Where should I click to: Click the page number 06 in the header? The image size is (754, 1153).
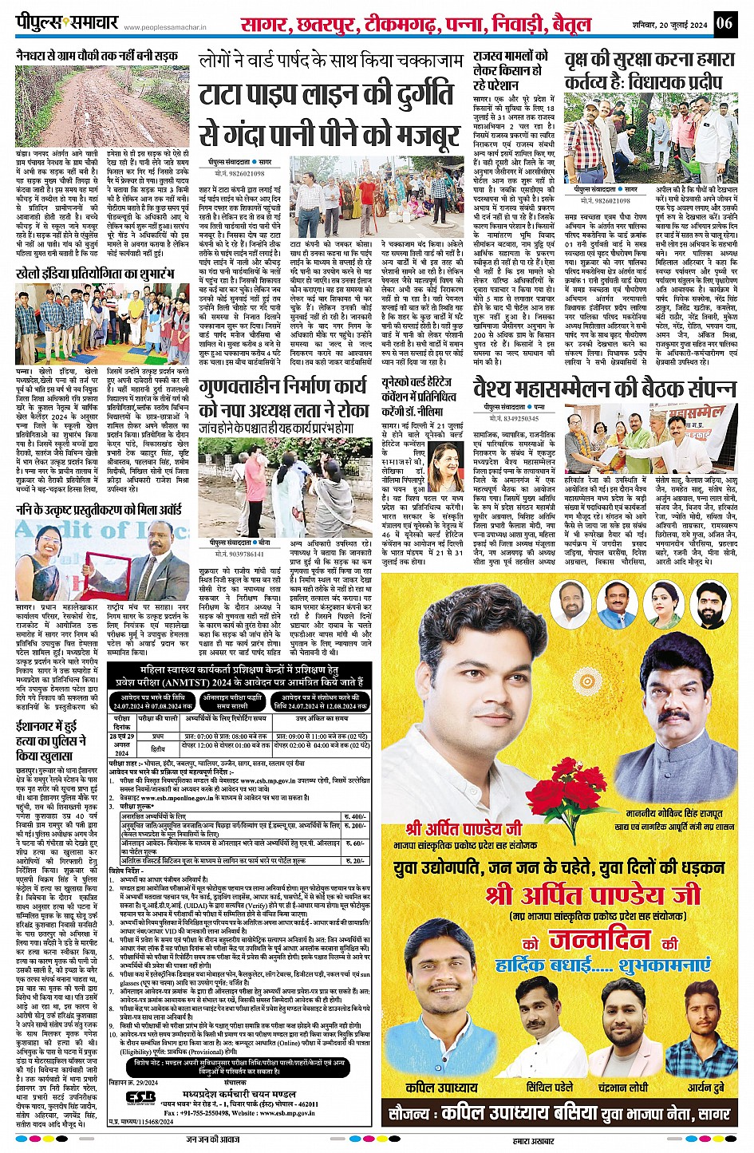click(724, 22)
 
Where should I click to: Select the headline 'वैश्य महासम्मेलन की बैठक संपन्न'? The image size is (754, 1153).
click(604, 389)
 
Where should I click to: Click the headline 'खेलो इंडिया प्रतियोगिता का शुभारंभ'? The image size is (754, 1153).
click(94, 274)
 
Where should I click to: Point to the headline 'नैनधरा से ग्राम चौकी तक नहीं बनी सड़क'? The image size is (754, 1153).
click(97, 56)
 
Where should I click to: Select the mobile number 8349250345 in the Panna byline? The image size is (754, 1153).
click(511, 417)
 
